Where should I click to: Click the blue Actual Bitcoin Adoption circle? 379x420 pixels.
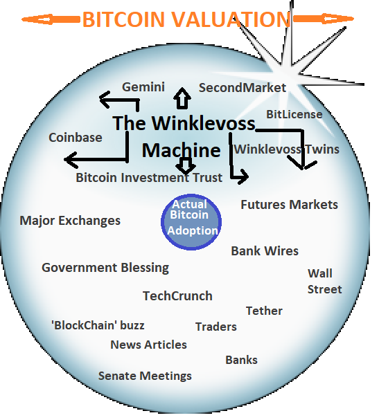click(x=191, y=222)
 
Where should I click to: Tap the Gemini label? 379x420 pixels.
click(x=143, y=87)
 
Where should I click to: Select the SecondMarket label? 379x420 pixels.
click(x=243, y=88)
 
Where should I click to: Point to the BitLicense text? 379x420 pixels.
click(x=294, y=114)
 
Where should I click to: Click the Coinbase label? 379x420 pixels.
click(x=76, y=138)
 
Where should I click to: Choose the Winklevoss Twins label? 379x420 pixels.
click(x=287, y=149)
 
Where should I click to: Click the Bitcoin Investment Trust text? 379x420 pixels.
click(x=149, y=178)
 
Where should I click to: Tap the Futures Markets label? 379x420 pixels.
click(x=289, y=205)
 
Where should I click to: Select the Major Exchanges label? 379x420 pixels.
click(x=70, y=221)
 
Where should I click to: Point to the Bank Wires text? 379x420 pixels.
click(x=265, y=251)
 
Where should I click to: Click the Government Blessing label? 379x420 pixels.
click(x=105, y=268)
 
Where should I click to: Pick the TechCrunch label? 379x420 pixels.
click(x=177, y=296)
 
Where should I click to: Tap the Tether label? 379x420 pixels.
click(x=264, y=311)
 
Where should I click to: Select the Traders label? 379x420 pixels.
click(x=216, y=327)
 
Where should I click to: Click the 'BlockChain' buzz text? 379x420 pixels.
click(x=98, y=325)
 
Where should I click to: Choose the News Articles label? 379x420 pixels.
click(x=148, y=345)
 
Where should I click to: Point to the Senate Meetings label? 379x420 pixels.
click(x=145, y=376)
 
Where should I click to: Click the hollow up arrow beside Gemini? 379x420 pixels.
click(x=182, y=98)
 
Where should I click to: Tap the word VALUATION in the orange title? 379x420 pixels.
click(x=231, y=19)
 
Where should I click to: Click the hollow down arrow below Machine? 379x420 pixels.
click(x=185, y=165)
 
